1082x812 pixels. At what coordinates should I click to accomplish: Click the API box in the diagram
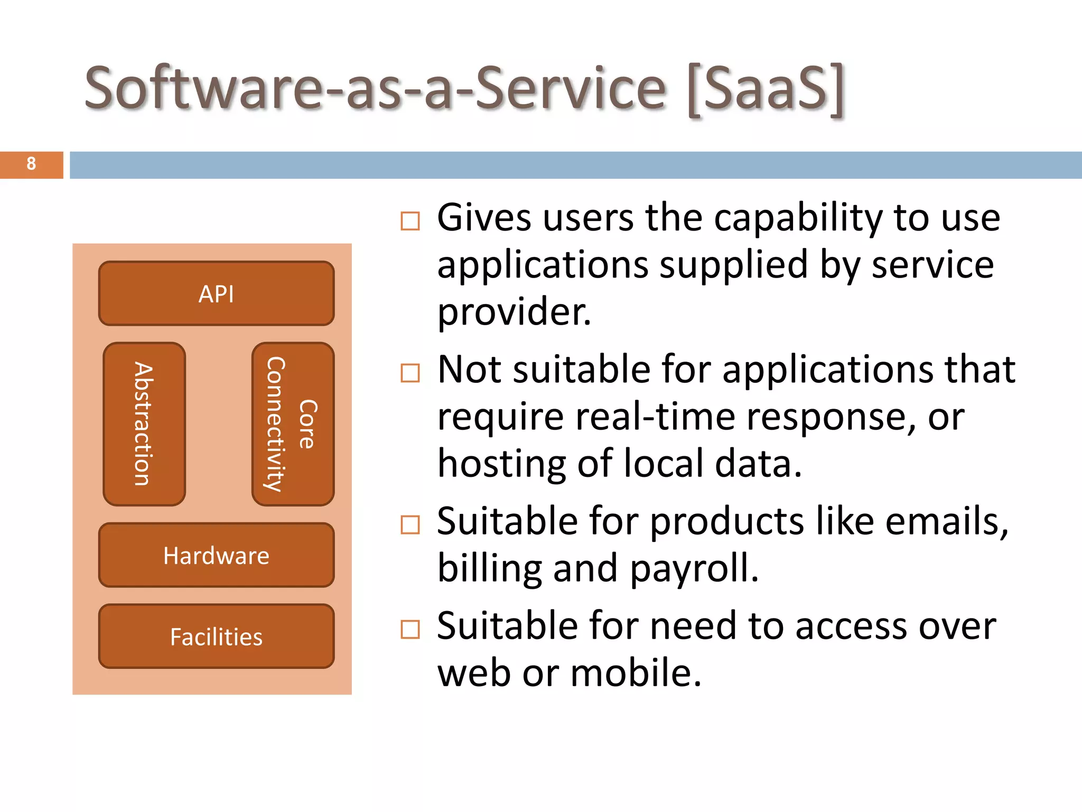point(216,293)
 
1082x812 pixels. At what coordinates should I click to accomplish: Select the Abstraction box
point(144,424)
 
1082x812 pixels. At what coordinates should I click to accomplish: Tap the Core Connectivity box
point(293,424)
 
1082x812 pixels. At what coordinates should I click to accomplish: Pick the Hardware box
point(216,555)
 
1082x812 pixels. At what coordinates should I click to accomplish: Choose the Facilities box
point(216,636)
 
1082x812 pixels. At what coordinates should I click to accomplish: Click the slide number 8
point(31,164)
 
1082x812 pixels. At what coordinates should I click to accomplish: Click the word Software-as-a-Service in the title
point(375,89)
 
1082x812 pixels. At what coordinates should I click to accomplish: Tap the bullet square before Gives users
point(410,221)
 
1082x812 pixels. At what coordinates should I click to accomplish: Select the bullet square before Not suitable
point(410,373)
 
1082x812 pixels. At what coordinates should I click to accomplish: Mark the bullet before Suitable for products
point(410,525)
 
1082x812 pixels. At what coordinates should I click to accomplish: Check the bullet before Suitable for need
point(410,630)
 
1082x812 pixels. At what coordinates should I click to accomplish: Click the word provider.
point(514,312)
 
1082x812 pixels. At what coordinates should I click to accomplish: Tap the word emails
point(946,521)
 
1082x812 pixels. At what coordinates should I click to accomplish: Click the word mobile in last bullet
point(635,673)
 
